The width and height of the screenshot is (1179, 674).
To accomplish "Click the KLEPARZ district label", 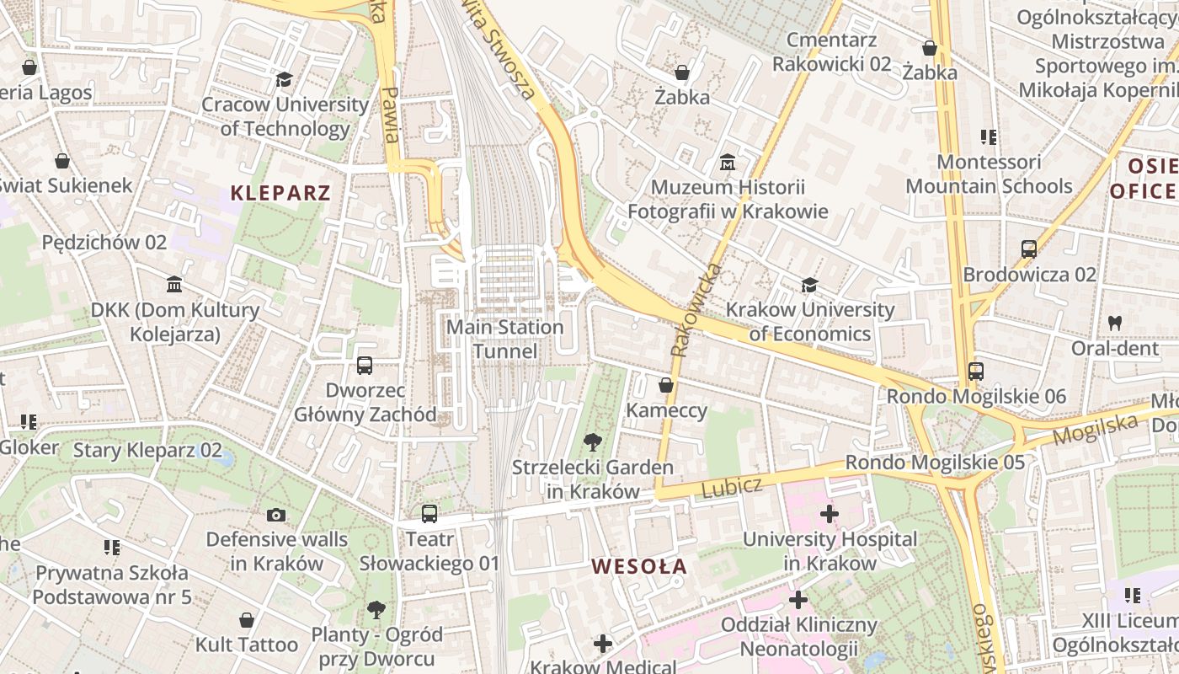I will [280, 193].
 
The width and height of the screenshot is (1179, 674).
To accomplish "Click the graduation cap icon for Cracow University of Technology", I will [284, 79].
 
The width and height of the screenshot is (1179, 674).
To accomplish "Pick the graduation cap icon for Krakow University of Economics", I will [809, 285].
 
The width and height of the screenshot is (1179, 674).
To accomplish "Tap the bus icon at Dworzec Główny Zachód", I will [365, 366].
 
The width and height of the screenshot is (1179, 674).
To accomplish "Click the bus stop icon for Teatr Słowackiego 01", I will [429, 513].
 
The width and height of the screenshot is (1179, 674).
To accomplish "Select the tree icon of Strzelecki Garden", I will [593, 441].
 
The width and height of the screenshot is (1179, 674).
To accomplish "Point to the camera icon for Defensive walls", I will [275, 515].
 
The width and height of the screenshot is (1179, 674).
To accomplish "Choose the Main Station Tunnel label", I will [504, 339].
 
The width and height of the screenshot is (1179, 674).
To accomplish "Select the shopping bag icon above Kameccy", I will [666, 385].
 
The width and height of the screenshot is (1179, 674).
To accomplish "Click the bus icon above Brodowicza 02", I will [1028, 249].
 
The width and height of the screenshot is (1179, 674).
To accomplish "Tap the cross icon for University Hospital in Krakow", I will [830, 513].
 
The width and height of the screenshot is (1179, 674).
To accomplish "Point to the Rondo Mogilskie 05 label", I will [935, 463].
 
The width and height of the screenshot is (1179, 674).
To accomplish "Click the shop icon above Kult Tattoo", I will [247, 620].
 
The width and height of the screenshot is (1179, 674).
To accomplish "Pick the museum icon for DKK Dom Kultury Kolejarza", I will [174, 285].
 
